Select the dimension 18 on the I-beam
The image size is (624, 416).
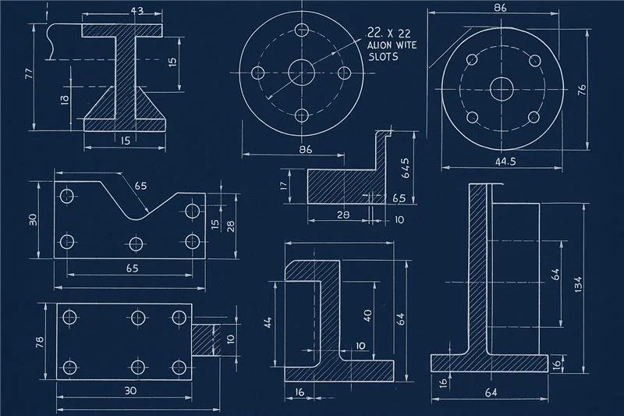pos(65,99)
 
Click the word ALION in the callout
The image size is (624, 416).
pos(381,46)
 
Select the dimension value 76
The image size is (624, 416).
pos(580,90)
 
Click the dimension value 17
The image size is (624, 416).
pos(284,187)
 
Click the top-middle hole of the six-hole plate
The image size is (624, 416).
pos(138,317)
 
